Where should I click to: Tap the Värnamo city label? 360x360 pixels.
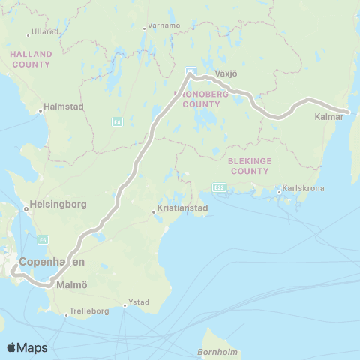[165, 25]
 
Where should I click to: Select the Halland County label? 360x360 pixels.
[31, 59]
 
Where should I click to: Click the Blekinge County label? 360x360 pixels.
[250, 166]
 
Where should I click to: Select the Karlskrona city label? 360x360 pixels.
[304, 188]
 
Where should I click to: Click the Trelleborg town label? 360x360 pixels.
[89, 310]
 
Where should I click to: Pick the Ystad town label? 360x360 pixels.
[139, 302]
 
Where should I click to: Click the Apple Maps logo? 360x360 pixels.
[28, 347]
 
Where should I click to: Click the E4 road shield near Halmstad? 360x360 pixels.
[117, 120]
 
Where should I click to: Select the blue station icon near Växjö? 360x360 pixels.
[190, 72]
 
